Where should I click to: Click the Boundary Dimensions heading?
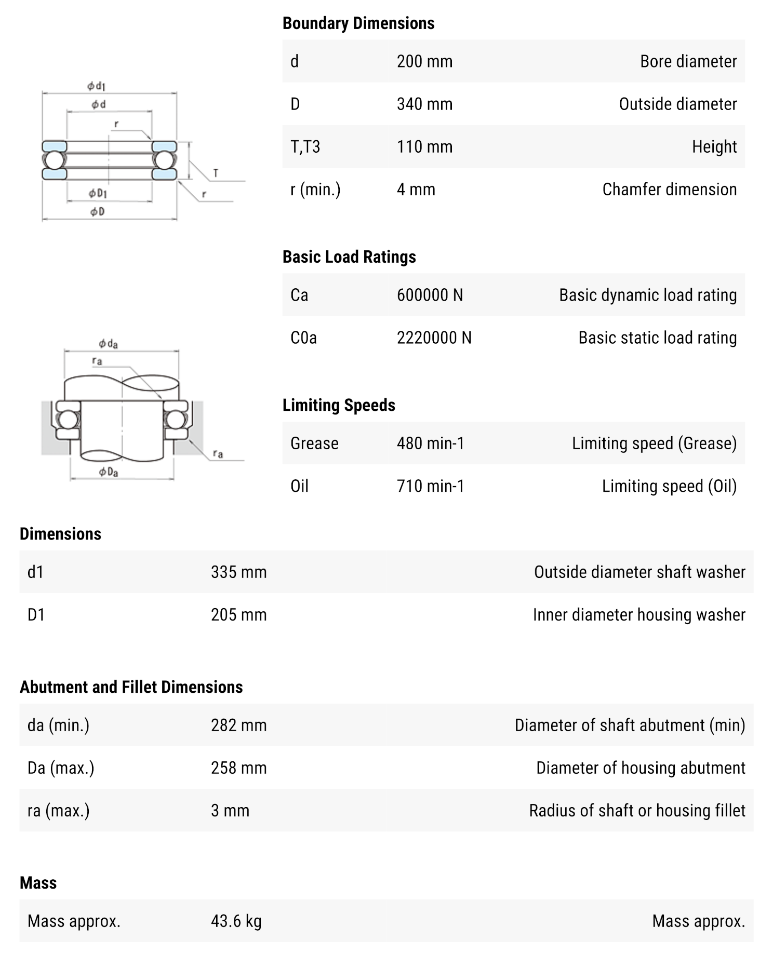pos(358,23)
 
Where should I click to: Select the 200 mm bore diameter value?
pos(424,61)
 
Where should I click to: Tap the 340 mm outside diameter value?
pos(424,104)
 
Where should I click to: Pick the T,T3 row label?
pos(305,147)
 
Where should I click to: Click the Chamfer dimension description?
pos(669,190)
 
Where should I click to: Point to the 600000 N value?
pos(430,295)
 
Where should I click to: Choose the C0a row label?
pos(303,338)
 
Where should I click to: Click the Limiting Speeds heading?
pos(339,405)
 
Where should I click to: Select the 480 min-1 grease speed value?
pos(430,444)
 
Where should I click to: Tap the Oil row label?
pos(299,486)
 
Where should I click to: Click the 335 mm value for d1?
pos(238,572)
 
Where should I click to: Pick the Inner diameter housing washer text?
pos(638,615)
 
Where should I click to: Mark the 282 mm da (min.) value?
pos(238,725)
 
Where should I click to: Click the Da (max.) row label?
pos(61,768)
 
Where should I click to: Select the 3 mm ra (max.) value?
pos(230,811)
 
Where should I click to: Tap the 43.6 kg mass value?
pos(236,921)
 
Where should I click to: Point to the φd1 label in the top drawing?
pos(96,86)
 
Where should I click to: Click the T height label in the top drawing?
pos(216,173)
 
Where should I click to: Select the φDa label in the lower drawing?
pos(109,472)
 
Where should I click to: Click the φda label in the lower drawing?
pos(108,344)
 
